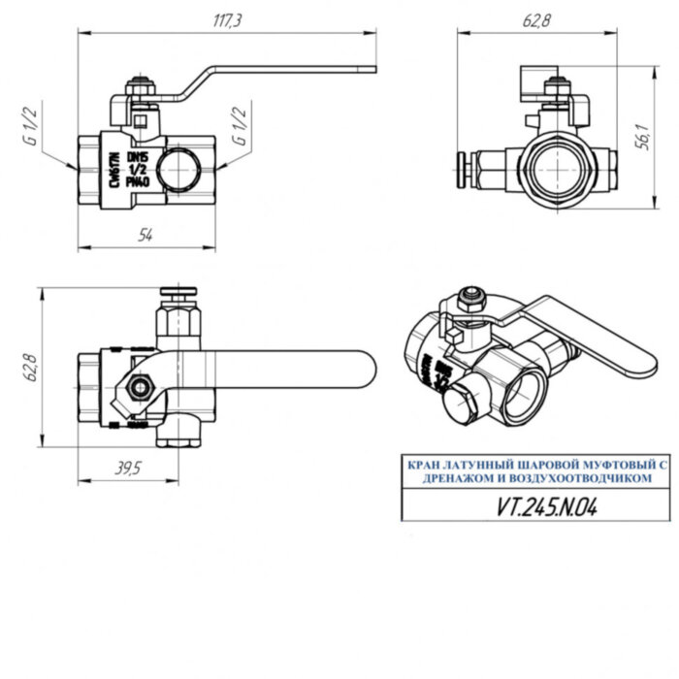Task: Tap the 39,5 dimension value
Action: [126, 468]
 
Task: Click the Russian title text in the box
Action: [533, 472]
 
